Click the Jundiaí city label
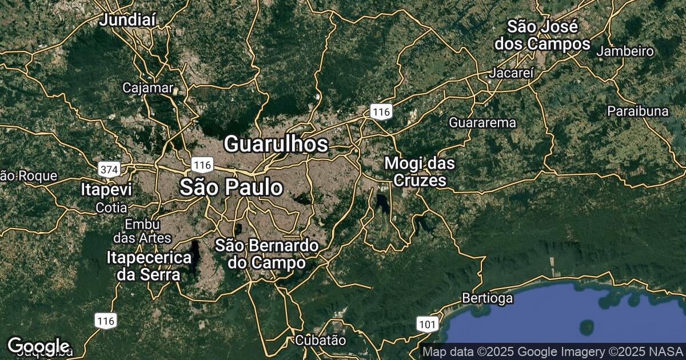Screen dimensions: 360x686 [127, 21]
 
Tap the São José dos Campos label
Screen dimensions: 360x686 [542, 35]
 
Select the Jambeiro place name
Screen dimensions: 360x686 [624, 51]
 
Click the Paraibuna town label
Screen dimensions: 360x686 [637, 111]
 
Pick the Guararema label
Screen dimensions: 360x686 [482, 122]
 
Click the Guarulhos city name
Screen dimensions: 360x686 [276, 144]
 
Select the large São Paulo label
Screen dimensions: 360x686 [231, 187]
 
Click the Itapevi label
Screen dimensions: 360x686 [106, 190]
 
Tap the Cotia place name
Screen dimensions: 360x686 [111, 207]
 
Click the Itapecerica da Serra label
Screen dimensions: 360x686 [149, 266]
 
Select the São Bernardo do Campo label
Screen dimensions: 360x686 [266, 254]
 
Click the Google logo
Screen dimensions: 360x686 [38, 346]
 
